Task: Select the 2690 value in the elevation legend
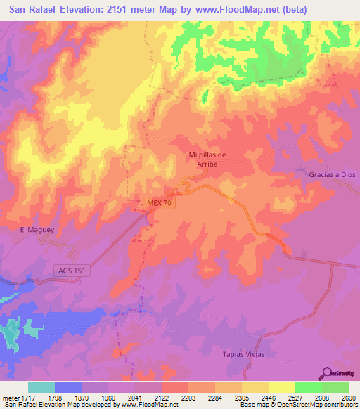tap(348, 397)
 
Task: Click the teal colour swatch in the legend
tap(41, 387)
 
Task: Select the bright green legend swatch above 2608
tap(308, 387)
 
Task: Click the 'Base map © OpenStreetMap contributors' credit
tap(298, 405)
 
